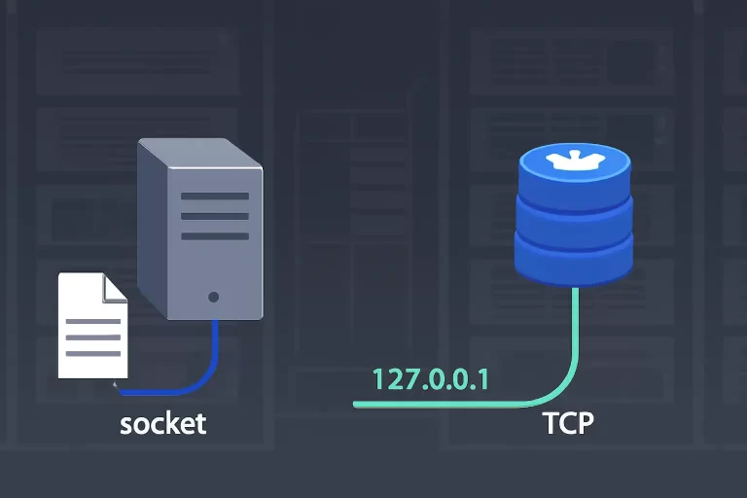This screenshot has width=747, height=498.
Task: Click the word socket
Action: [163, 423]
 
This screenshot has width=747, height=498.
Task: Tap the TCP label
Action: [568, 422]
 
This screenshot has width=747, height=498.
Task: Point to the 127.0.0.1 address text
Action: [431, 379]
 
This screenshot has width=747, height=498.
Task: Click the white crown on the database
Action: [571, 160]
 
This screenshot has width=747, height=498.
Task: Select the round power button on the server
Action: [213, 297]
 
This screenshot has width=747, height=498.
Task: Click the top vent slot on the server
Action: [215, 196]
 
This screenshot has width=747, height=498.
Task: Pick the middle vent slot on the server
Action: [215, 216]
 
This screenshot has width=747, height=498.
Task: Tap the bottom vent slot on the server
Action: [215, 236]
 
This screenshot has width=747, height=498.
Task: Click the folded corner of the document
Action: [115, 289]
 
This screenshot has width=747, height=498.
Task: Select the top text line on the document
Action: [93, 321]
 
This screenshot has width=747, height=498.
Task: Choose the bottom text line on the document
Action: [93, 354]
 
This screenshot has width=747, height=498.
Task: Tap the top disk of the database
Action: [575, 176]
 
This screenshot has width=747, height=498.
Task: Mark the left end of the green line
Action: [354, 405]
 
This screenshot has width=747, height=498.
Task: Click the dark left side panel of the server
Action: [153, 229]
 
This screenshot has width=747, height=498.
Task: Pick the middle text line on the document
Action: [93, 338]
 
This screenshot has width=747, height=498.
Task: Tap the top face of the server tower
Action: [200, 153]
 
